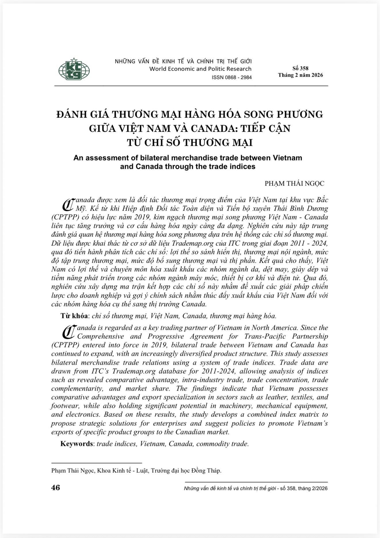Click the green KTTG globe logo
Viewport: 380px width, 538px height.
74,69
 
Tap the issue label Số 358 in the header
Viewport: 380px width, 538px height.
300,68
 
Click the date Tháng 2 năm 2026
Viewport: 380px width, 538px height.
300,75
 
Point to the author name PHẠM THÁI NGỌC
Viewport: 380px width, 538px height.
294,183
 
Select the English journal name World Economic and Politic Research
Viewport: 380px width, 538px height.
200,69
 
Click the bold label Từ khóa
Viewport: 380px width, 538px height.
74,316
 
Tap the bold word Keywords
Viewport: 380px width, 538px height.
77,444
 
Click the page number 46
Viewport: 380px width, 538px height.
56,487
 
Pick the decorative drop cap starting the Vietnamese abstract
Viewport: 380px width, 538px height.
68,204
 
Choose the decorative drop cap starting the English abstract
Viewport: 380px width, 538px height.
68,332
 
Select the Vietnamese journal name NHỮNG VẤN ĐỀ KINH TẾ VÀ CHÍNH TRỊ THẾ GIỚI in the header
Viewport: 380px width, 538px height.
183,61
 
